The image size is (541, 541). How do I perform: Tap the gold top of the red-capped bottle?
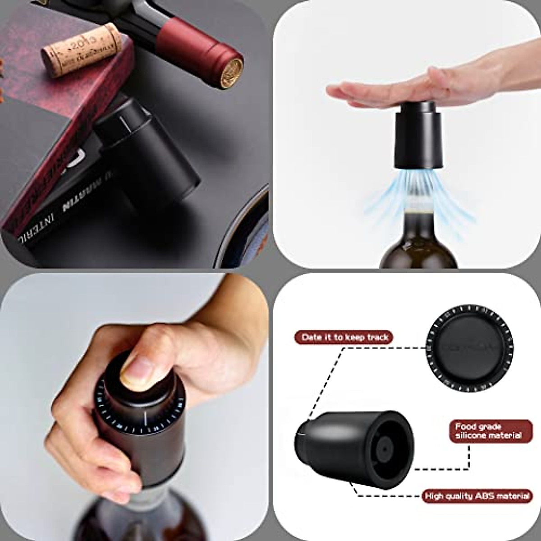click(231, 71)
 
